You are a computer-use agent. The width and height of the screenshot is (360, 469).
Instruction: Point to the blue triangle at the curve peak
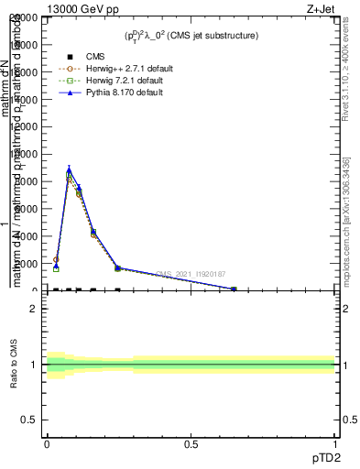point(69,169)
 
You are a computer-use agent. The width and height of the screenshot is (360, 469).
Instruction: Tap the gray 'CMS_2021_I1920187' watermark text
point(191,274)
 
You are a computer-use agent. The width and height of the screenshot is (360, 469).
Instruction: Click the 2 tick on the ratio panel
point(34,309)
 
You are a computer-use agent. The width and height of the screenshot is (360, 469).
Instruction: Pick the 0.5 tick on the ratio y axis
point(29,420)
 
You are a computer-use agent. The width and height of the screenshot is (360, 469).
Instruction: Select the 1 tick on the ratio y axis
point(34,365)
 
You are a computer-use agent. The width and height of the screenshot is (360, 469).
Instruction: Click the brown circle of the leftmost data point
point(56,260)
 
